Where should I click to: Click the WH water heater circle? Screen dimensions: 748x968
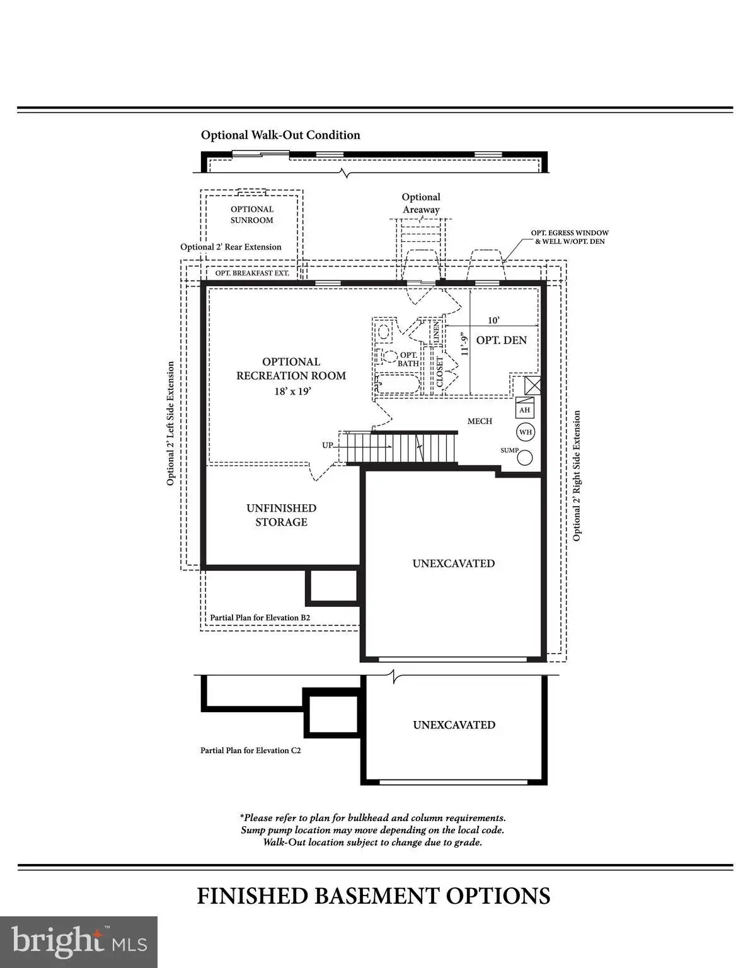click(526, 432)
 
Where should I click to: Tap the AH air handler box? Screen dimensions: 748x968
click(524, 410)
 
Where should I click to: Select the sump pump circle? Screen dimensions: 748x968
click(526, 458)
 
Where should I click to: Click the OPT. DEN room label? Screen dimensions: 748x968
click(502, 340)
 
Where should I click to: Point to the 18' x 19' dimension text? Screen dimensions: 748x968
click(292, 391)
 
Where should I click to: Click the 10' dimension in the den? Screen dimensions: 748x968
click(494, 320)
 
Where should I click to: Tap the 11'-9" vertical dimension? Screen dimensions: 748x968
click(465, 343)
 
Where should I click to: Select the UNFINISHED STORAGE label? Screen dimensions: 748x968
click(282, 515)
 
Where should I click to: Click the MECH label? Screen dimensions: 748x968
click(480, 421)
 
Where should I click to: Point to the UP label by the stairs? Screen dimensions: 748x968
click(328, 445)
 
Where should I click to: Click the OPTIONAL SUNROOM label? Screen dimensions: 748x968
click(252, 215)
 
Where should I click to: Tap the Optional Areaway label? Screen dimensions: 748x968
click(421, 203)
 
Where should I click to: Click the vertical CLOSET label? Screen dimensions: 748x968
click(439, 372)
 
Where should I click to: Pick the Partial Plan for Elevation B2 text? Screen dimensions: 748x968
click(260, 618)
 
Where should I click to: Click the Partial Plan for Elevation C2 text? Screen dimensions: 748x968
click(251, 750)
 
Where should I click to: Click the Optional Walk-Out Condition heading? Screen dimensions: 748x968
click(280, 135)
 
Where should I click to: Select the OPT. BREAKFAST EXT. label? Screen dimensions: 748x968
click(253, 273)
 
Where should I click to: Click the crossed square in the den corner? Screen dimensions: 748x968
click(532, 385)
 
